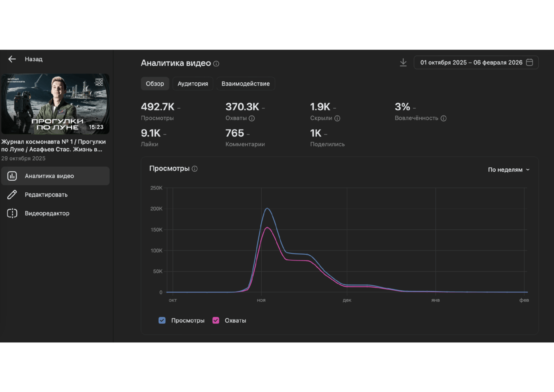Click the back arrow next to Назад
12,59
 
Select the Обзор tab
155,84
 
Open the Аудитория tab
193,84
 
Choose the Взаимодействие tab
246,84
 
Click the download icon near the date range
403,62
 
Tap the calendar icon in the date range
529,62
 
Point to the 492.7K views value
158,107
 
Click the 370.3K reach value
242,107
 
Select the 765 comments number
235,133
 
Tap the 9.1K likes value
150,133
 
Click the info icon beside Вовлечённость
444,118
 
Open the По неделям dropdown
508,170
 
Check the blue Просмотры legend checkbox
162,320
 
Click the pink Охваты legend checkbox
216,320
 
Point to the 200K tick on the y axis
156,209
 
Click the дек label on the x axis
347,300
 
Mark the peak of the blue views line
267,208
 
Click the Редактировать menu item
46,195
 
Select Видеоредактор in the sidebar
47,213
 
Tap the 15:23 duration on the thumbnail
96,127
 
